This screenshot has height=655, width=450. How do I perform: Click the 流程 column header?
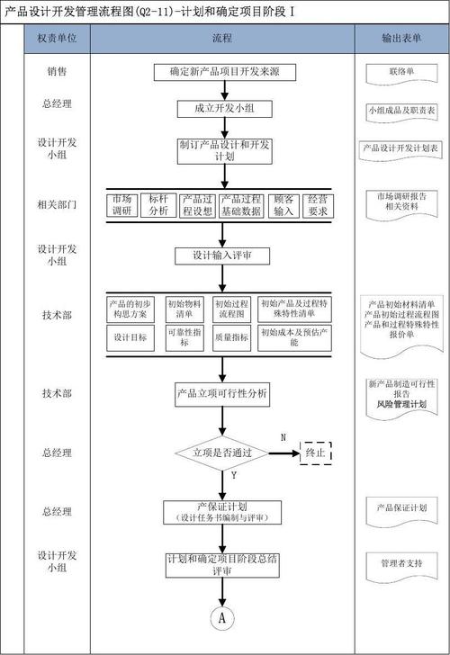coord(221,38)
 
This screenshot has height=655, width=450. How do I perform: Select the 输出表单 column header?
coord(401,38)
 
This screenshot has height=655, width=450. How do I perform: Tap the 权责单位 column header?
coord(57,38)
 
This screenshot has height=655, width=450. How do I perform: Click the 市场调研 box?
coord(122,205)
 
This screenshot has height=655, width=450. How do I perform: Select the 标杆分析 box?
coord(158,205)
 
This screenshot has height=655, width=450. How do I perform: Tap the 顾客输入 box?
coord(283,205)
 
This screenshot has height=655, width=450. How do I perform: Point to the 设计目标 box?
coord(130,336)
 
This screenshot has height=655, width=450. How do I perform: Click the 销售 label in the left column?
coord(57,69)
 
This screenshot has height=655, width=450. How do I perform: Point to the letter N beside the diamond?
coord(283,436)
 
